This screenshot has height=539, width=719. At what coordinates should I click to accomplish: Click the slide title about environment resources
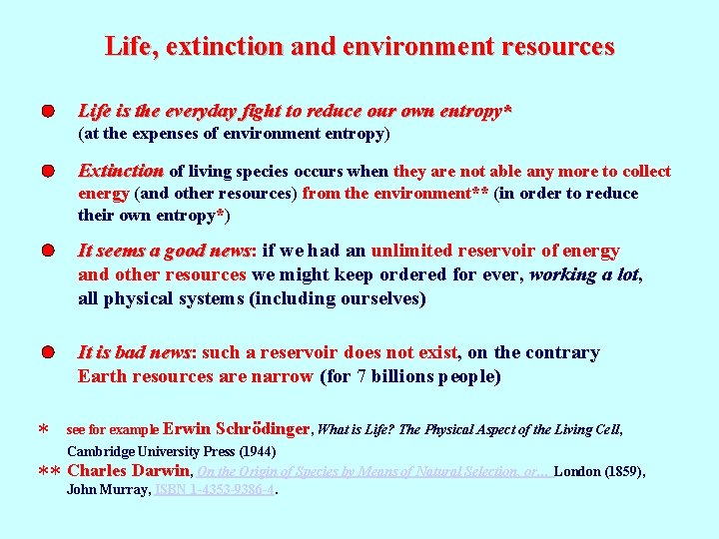pyautogui.click(x=359, y=46)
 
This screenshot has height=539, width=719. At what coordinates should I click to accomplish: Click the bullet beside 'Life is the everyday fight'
pyautogui.click(x=47, y=111)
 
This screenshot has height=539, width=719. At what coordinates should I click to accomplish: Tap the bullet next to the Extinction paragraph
pyautogui.click(x=47, y=171)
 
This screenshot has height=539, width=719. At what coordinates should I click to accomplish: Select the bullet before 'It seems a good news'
pyautogui.click(x=47, y=251)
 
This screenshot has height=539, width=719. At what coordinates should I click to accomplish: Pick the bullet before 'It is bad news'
pyautogui.click(x=47, y=352)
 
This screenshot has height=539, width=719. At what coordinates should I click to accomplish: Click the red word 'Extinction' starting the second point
pyautogui.click(x=121, y=171)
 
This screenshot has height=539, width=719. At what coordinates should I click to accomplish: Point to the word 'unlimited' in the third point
pyautogui.click(x=412, y=251)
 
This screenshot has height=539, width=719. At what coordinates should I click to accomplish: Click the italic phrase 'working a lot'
pyautogui.click(x=583, y=274)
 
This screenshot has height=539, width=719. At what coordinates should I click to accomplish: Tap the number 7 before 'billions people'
pyautogui.click(x=361, y=376)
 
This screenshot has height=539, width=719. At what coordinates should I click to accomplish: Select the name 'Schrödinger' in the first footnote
pyautogui.click(x=262, y=429)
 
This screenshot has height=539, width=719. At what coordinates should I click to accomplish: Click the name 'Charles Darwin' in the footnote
pyautogui.click(x=128, y=471)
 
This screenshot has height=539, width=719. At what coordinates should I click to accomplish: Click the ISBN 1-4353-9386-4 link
pyautogui.click(x=213, y=490)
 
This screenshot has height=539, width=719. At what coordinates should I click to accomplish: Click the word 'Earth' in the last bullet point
pyautogui.click(x=102, y=376)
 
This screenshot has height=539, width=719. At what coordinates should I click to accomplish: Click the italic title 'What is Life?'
pyautogui.click(x=356, y=429)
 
